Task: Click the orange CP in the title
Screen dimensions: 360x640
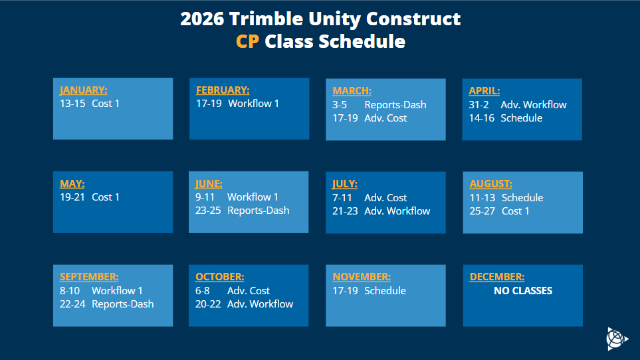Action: pyautogui.click(x=247, y=41)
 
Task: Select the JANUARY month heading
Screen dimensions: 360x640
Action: pyautogui.click(x=83, y=90)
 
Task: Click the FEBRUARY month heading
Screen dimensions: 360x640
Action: pyautogui.click(x=223, y=90)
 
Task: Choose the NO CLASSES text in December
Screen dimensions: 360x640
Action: pyautogui.click(x=523, y=290)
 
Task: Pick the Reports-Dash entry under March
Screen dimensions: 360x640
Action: pyautogui.click(x=395, y=105)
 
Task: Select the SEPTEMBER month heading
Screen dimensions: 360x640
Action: pyautogui.click(x=89, y=277)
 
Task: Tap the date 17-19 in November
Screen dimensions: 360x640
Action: pyautogui.click(x=345, y=291)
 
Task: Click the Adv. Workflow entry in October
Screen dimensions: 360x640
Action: pyautogui.click(x=260, y=304)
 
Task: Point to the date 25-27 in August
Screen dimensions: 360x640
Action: pyautogui.click(x=482, y=211)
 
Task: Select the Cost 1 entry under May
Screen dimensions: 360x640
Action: pyautogui.click(x=106, y=197)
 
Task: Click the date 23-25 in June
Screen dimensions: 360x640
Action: pyautogui.click(x=208, y=211)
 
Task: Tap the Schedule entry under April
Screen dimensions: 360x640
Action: pyautogui.click(x=521, y=118)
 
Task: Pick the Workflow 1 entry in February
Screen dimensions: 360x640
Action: pyautogui.click(x=253, y=104)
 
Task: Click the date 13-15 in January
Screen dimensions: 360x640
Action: pyautogui.click(x=72, y=104)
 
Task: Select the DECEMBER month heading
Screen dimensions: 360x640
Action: pyautogui.click(x=496, y=277)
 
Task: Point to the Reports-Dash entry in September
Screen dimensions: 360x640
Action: pyautogui.click(x=122, y=304)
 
